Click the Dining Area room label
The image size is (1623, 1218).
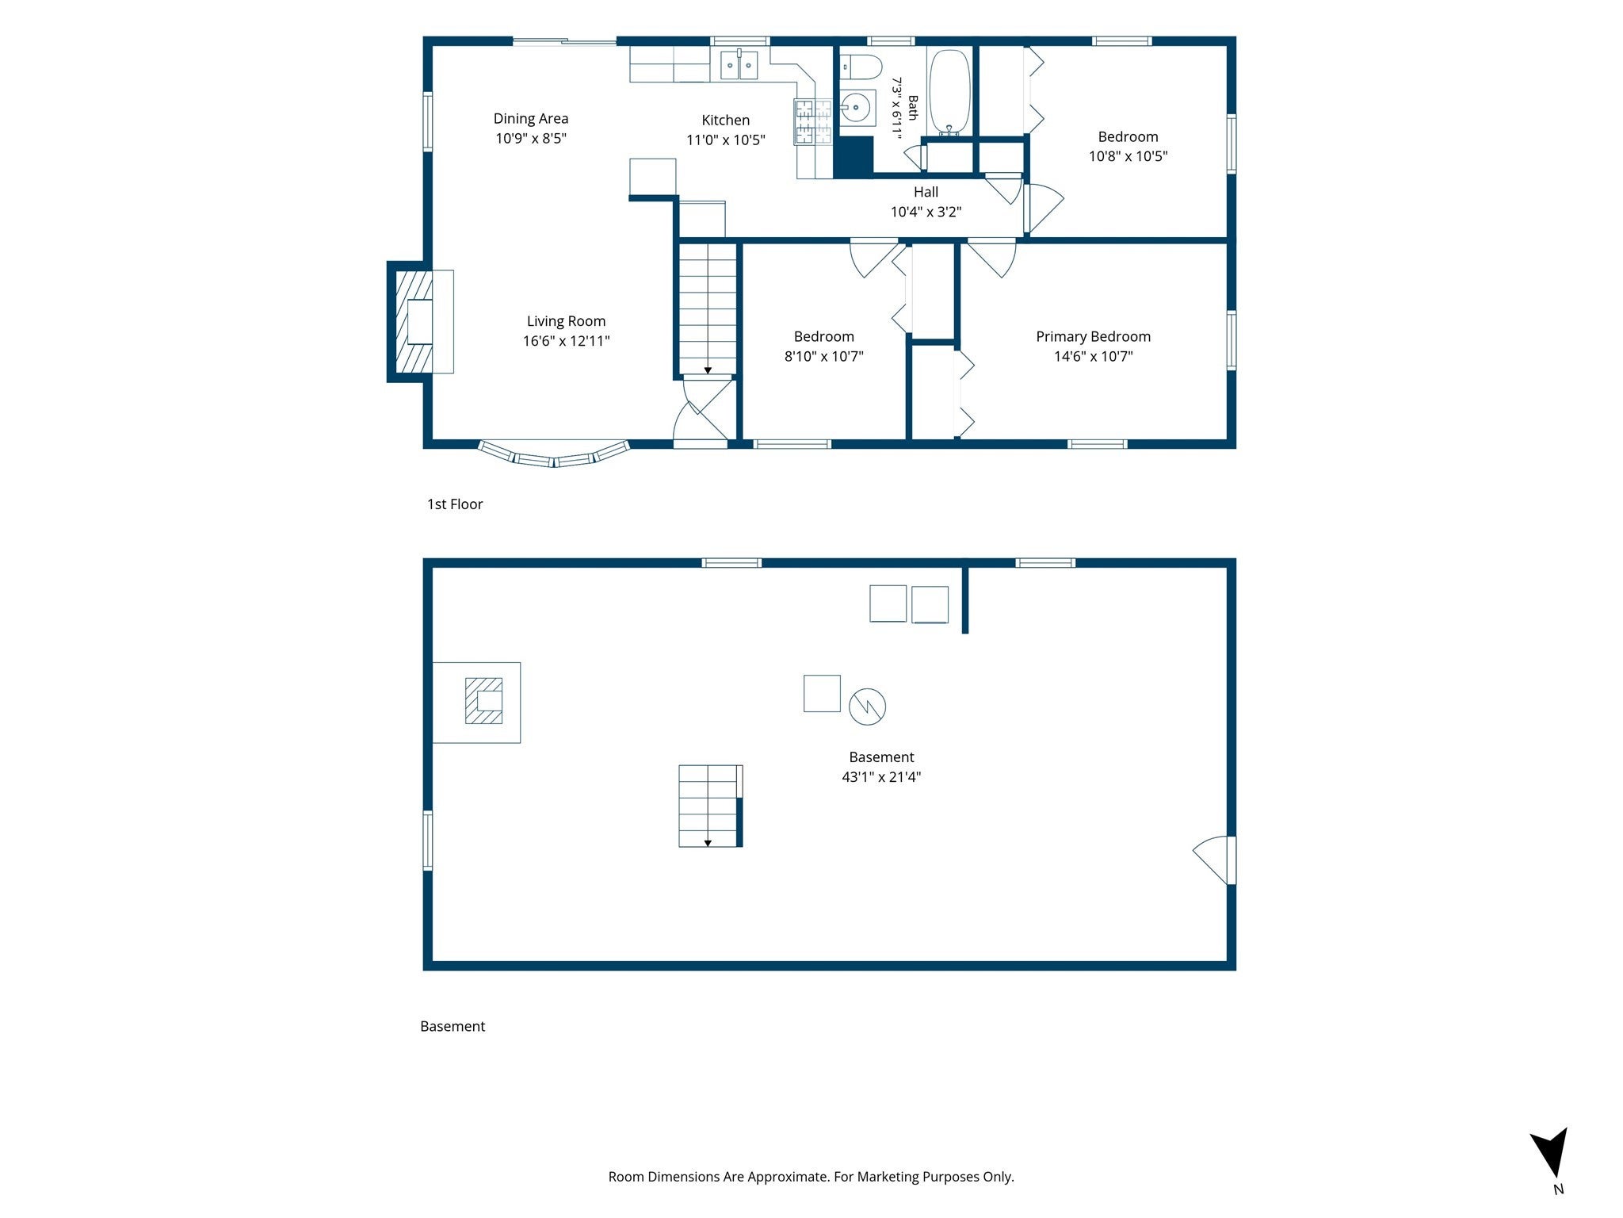click(x=530, y=118)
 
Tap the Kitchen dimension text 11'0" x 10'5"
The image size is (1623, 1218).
click(x=725, y=140)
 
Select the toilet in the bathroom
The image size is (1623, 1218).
click(x=860, y=67)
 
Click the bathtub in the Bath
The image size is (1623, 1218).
click(x=948, y=92)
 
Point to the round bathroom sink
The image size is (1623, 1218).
click(x=857, y=107)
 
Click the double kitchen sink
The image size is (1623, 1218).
click(x=739, y=64)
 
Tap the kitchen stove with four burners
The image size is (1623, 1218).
click(x=813, y=121)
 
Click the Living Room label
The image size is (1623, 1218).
click(x=566, y=321)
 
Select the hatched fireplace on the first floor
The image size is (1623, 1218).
click(x=414, y=321)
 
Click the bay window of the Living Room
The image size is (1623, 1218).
click(x=554, y=455)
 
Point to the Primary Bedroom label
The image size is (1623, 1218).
click(x=1093, y=336)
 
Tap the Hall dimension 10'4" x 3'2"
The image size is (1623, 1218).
click(x=926, y=212)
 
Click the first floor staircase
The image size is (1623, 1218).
click(x=707, y=308)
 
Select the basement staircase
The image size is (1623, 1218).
click(x=710, y=806)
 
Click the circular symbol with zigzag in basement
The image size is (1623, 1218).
click(x=867, y=706)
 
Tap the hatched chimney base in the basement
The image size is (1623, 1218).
click(x=483, y=700)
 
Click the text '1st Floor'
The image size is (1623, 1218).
click(x=455, y=504)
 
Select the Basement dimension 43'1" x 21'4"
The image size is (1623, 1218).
click(x=881, y=776)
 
